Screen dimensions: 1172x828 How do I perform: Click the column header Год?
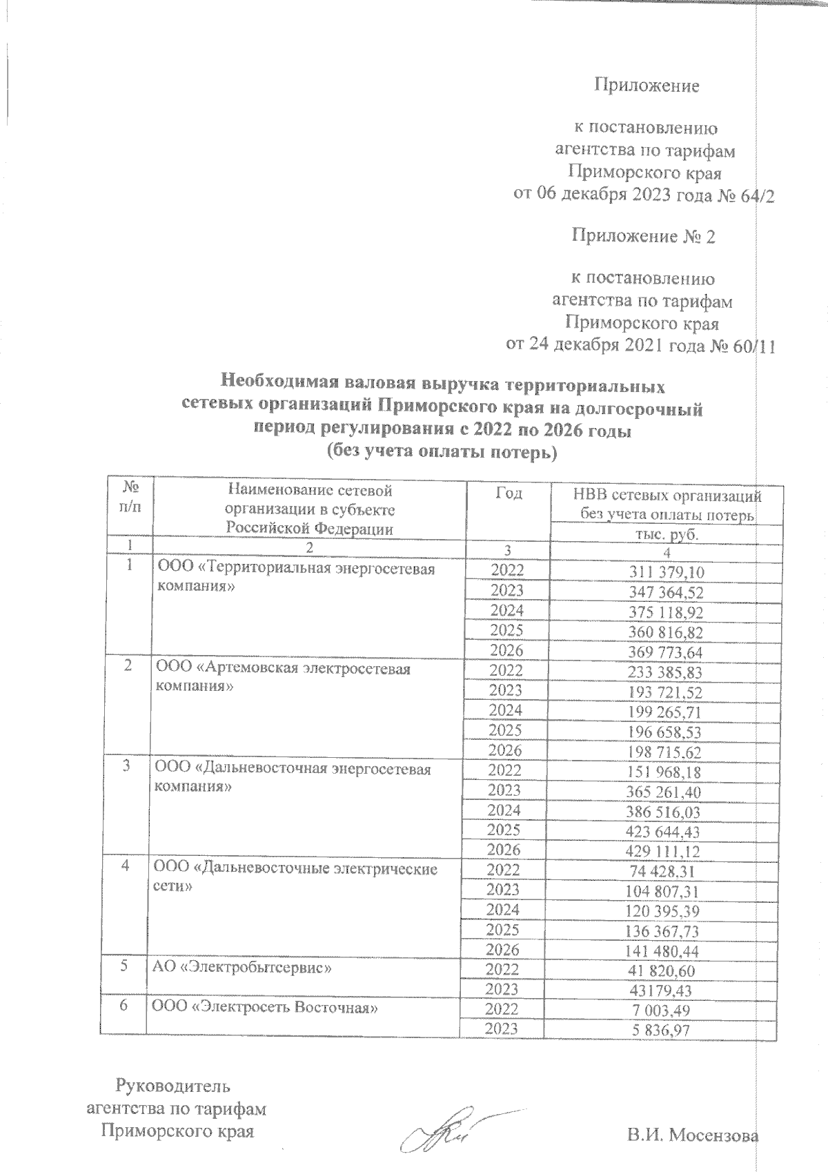coord(509,493)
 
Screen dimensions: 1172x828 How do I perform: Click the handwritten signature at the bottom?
coord(442,1131)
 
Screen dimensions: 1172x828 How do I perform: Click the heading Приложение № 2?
coord(643,237)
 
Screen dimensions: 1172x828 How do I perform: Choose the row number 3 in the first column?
coord(126,768)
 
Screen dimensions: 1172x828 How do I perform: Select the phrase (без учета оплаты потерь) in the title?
coord(442,453)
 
